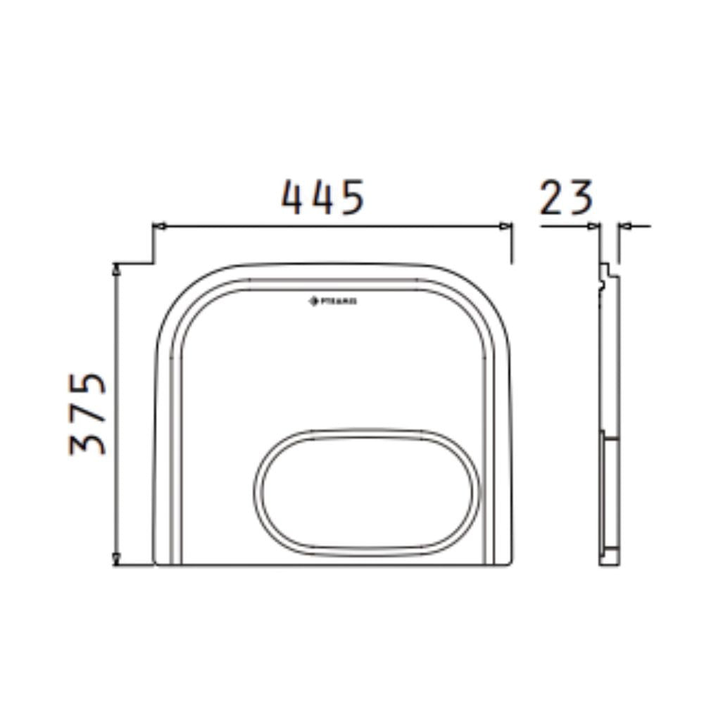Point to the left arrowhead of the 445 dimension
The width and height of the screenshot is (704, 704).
coord(158,226)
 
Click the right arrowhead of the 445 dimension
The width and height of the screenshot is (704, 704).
coord(506,226)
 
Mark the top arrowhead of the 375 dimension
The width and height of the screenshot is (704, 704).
coord(117,268)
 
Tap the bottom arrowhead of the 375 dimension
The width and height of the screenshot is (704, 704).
coord(117,560)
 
